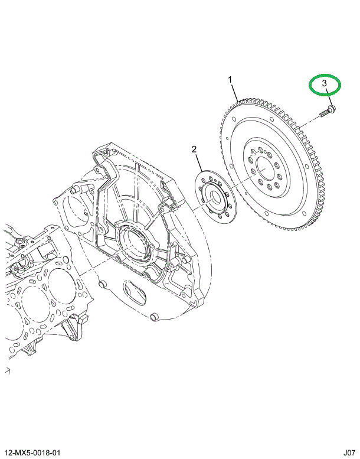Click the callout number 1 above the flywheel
click(x=231, y=79)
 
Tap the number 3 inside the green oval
click(x=325, y=84)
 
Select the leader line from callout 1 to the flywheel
click(x=235, y=92)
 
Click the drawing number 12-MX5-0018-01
click(x=34, y=451)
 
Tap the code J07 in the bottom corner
click(x=347, y=451)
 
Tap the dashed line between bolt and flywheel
click(x=310, y=120)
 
